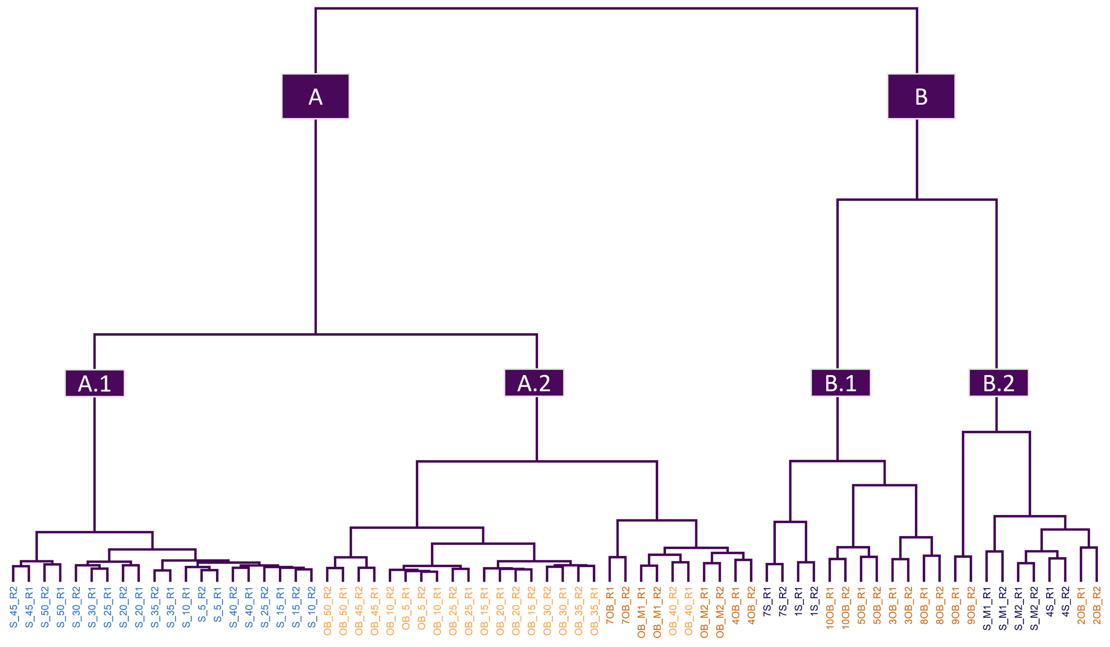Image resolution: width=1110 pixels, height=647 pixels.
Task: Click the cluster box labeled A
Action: [315, 96]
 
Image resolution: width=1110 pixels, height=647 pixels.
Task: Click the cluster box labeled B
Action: [921, 96]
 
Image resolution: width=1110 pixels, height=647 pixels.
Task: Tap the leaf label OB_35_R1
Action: [594, 610]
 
